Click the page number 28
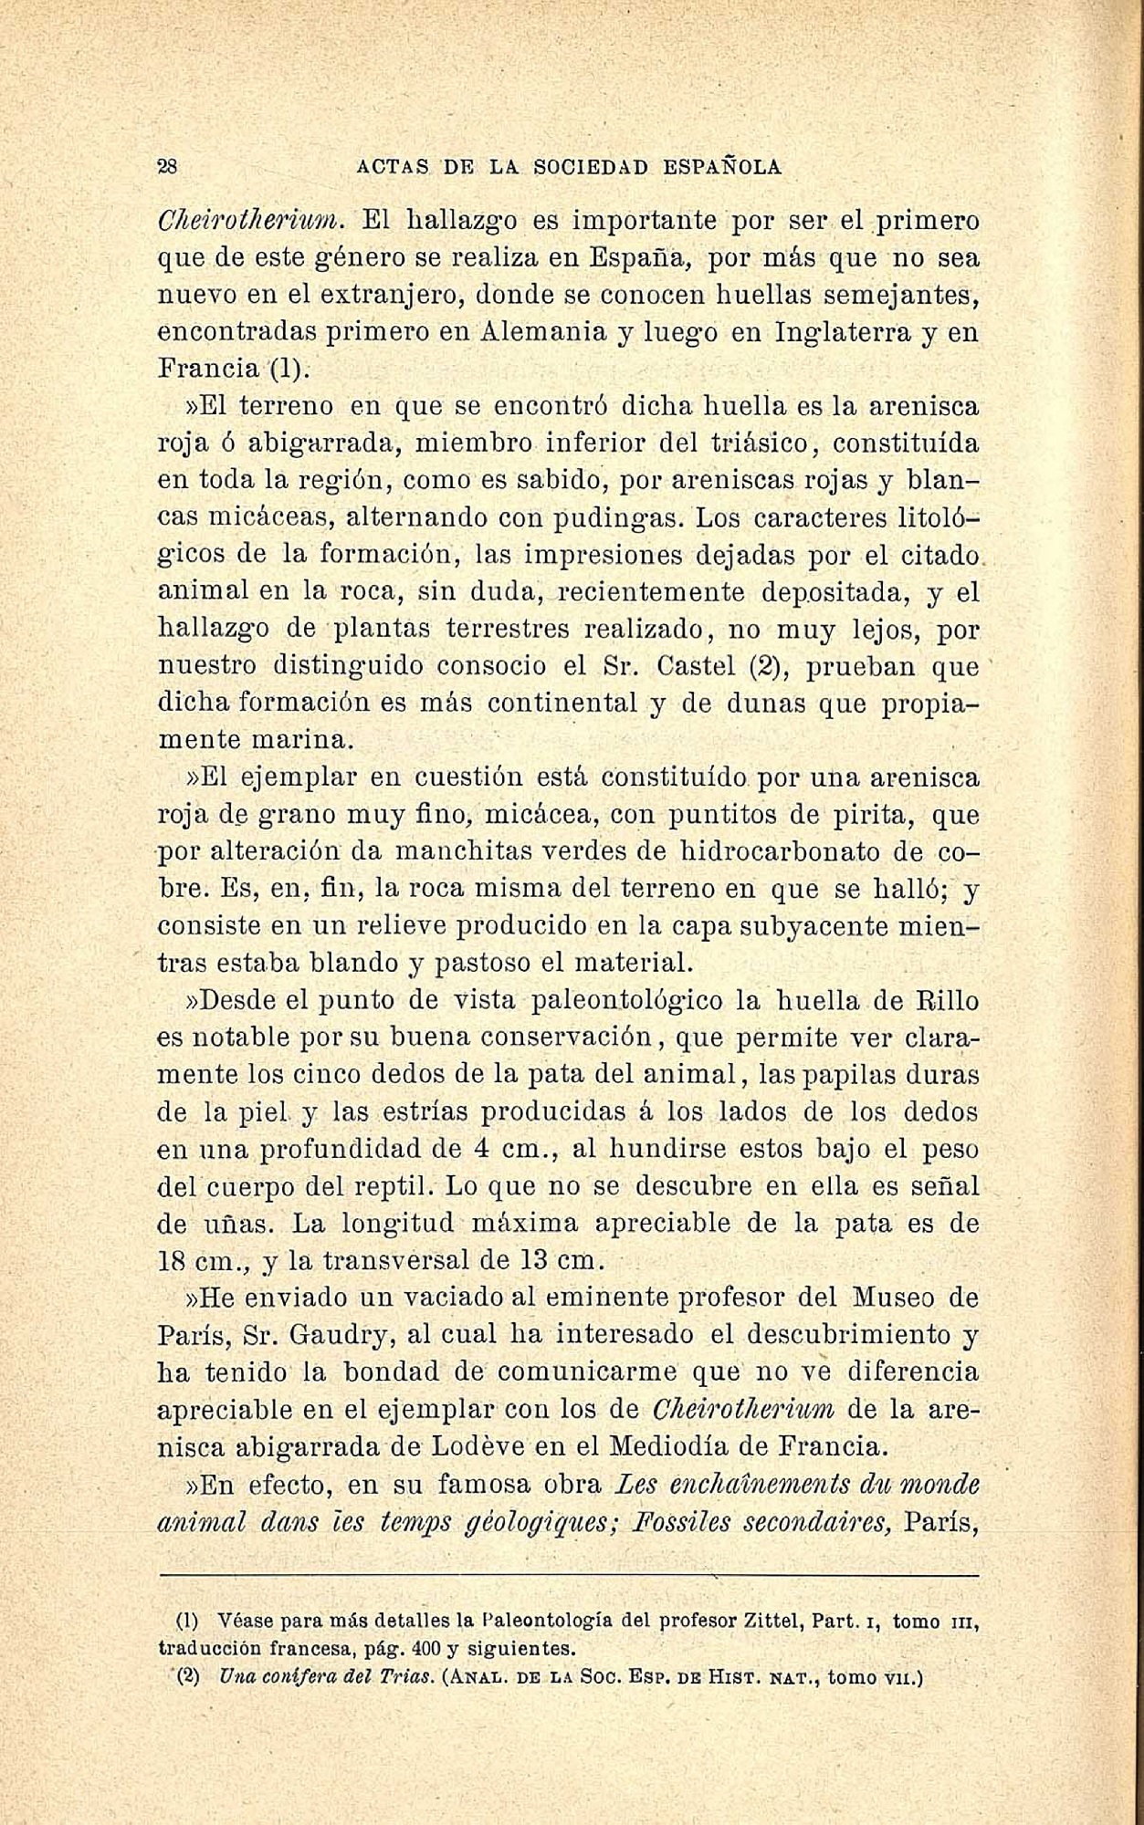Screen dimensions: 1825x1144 168,167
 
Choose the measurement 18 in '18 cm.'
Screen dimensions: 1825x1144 172,1261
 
